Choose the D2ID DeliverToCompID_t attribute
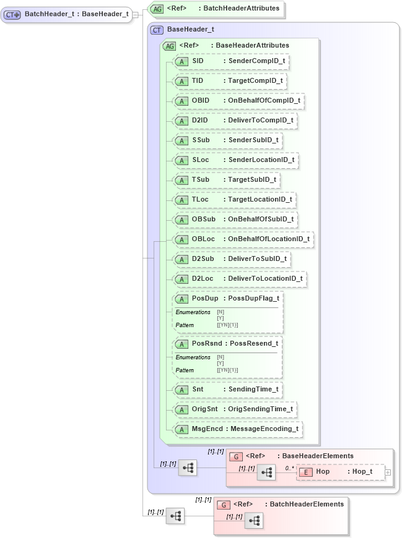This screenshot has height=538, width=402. tap(235, 121)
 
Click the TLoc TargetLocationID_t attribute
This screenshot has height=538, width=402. tap(235, 200)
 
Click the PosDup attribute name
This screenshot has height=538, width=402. tap(204, 298)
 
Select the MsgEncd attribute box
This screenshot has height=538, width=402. tap(238, 429)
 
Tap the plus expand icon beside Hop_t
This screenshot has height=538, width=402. tap(388, 472)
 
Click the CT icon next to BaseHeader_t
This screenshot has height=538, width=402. tap(157, 29)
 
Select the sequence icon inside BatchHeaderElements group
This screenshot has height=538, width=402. tap(254, 521)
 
